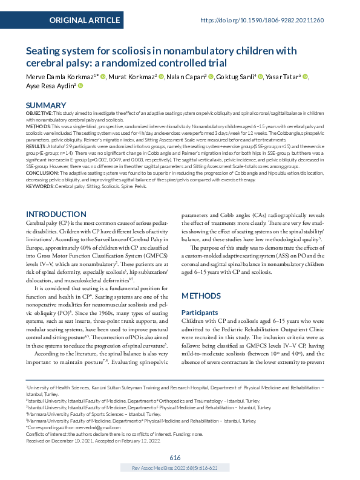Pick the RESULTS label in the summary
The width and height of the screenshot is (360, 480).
click(x=38, y=146)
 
